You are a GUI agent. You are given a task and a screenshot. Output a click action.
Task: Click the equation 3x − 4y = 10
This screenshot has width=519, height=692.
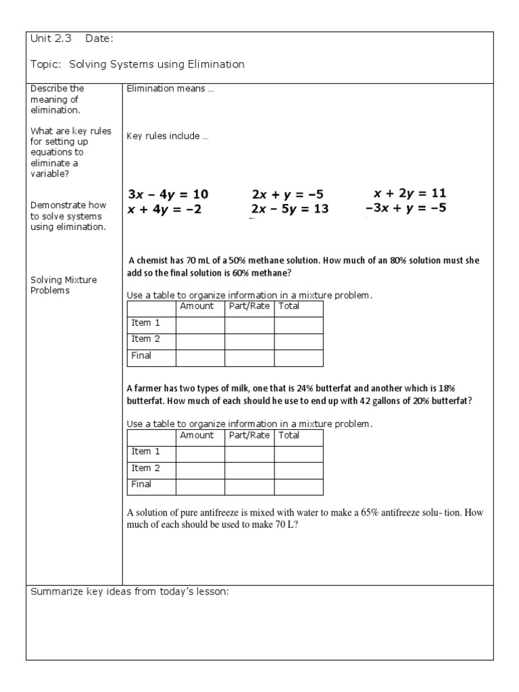pyautogui.click(x=168, y=195)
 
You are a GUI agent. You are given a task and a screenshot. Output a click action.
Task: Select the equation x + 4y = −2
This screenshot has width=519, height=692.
pyautogui.click(x=164, y=209)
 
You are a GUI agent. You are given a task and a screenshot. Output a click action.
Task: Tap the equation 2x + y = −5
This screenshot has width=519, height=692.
pyautogui.click(x=287, y=195)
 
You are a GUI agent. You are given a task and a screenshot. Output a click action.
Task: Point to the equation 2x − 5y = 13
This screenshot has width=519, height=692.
pyautogui.click(x=289, y=209)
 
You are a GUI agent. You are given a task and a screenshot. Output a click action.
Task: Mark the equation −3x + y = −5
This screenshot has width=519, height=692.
pyautogui.click(x=405, y=208)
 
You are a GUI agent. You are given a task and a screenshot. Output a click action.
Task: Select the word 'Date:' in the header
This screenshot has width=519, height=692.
pyautogui.click(x=99, y=39)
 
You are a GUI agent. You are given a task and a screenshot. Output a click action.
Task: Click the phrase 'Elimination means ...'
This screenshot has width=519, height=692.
pyautogui.click(x=170, y=89)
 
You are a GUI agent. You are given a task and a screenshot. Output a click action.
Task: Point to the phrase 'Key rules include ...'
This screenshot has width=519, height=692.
pyautogui.click(x=168, y=136)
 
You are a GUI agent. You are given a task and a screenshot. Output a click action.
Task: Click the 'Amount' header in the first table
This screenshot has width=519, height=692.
pyautogui.click(x=197, y=306)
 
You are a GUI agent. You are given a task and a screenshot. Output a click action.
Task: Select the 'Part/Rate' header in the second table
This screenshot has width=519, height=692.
pyautogui.click(x=249, y=435)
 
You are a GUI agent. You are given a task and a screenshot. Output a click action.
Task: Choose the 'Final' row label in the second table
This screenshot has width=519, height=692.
pyautogui.click(x=141, y=485)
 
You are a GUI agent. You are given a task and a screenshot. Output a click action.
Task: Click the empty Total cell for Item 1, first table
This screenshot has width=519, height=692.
pyautogui.click(x=298, y=324)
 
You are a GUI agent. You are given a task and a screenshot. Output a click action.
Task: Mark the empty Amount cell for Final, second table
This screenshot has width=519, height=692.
pyautogui.click(x=200, y=485)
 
